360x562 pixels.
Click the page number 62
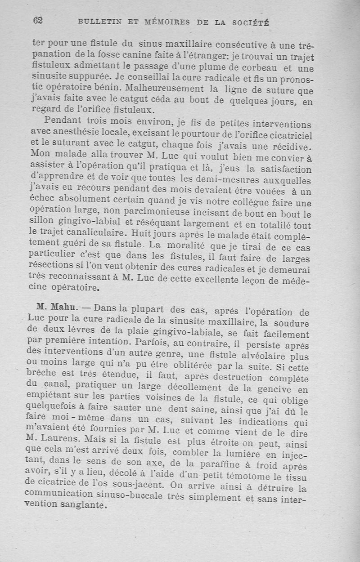click(38, 20)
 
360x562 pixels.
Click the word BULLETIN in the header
click(97, 22)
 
